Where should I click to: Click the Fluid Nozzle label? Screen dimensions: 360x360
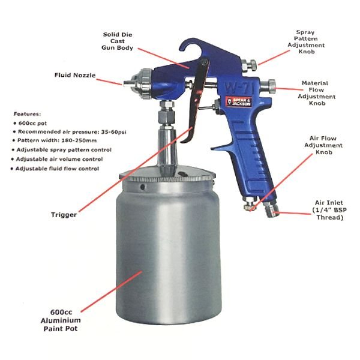75,75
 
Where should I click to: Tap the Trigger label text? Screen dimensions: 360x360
64,215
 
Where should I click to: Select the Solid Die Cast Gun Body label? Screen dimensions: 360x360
118,41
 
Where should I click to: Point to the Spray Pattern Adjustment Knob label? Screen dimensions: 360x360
306,42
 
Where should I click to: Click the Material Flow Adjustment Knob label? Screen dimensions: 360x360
317,93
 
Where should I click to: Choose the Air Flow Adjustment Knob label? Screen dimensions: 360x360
323,145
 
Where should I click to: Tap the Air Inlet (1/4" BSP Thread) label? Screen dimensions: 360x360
329,210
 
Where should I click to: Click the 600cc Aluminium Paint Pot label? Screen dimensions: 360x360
61,320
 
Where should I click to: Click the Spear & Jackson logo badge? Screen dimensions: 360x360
239,101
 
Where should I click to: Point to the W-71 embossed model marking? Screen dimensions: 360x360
239,88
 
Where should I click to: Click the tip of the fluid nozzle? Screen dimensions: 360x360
124,83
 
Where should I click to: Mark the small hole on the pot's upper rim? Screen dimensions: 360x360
143,187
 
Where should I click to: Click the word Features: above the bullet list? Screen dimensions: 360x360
27,114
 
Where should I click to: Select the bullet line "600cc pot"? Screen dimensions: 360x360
30,123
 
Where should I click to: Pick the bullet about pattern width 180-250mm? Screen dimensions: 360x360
55,140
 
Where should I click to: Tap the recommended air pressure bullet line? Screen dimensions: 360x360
70,132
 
